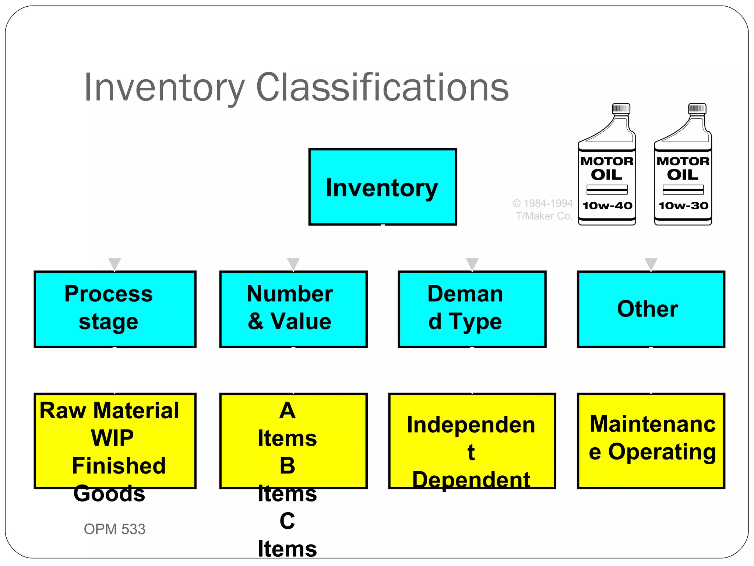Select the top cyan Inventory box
(383, 187)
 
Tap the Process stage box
(115, 309)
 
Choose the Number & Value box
(293, 309)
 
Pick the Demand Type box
(472, 309)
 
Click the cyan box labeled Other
(651, 309)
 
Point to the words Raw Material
(109, 410)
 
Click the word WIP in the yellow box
(112, 438)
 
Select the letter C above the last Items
(287, 521)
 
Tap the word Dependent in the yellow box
(471, 480)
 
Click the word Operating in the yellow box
(662, 452)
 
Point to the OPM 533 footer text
(114, 529)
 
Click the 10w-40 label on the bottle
(607, 206)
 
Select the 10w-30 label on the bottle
(683, 206)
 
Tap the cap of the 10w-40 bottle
(621, 109)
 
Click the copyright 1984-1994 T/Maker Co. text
(543, 210)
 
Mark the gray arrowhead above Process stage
(114, 264)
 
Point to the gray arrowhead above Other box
(651, 264)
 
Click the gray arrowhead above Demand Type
(472, 264)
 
